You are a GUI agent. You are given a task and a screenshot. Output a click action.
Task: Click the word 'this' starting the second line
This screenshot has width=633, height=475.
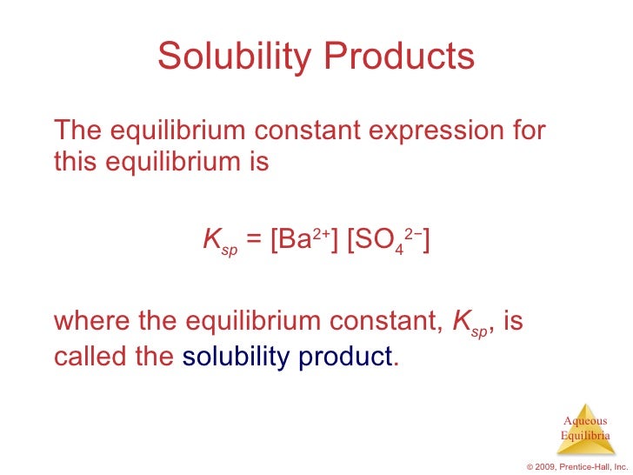(75, 163)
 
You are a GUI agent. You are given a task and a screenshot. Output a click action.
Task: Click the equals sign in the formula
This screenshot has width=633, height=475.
(255, 240)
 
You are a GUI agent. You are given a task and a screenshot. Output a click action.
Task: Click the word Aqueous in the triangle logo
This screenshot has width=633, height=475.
(585, 421)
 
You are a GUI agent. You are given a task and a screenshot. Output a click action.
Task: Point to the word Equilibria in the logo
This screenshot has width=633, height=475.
(585, 435)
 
